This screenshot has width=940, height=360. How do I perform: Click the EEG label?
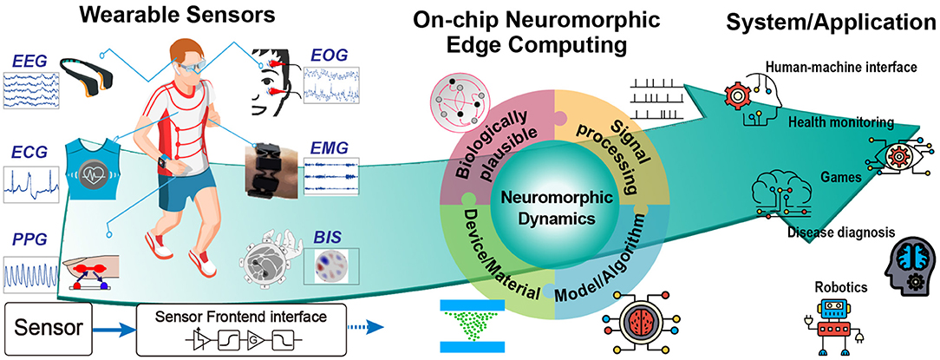pyautogui.click(x=29, y=61)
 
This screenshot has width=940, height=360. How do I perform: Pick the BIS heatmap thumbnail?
pyautogui.click(x=329, y=267)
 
